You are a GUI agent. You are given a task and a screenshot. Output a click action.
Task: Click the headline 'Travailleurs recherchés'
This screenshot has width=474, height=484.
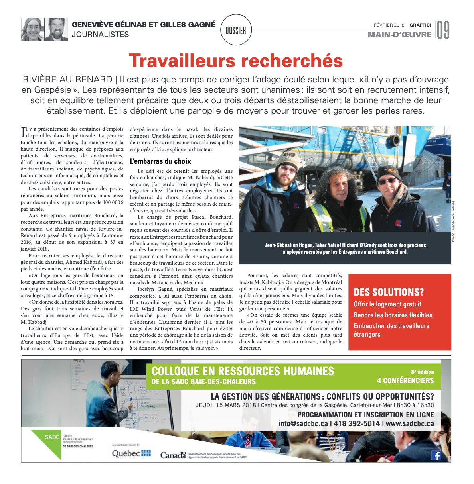[236, 61]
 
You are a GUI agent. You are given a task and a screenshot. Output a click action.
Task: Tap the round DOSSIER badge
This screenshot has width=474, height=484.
[236, 30]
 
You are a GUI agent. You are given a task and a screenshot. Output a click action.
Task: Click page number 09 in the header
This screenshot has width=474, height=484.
[443, 30]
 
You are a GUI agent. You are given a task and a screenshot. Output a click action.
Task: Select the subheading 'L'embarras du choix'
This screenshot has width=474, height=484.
[160, 161]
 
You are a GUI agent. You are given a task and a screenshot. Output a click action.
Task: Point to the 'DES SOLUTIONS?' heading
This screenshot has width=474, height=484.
[389, 292]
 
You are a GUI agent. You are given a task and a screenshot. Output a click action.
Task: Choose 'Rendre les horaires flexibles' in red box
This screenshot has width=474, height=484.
[393, 315]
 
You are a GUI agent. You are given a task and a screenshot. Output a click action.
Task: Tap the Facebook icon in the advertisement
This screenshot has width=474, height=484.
[436, 455]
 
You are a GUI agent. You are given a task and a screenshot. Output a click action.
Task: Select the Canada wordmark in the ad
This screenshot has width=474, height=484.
[173, 455]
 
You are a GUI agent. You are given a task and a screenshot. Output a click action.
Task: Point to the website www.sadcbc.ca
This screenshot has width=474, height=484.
[410, 423]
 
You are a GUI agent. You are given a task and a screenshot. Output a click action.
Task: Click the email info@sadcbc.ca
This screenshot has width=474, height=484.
[303, 423]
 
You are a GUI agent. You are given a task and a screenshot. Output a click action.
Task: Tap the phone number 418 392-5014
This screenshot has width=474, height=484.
[356, 423]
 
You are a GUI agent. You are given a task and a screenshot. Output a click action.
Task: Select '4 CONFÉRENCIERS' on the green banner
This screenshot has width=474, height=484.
[405, 380]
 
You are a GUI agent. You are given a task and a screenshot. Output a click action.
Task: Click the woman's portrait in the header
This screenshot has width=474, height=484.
[33, 29]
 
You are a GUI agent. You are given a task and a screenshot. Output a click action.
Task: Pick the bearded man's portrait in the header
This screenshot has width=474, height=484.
[56, 29]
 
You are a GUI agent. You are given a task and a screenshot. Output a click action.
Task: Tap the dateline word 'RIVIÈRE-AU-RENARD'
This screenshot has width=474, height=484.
[67, 79]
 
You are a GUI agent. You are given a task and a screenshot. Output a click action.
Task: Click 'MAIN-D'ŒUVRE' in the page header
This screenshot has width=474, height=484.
[399, 35]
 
